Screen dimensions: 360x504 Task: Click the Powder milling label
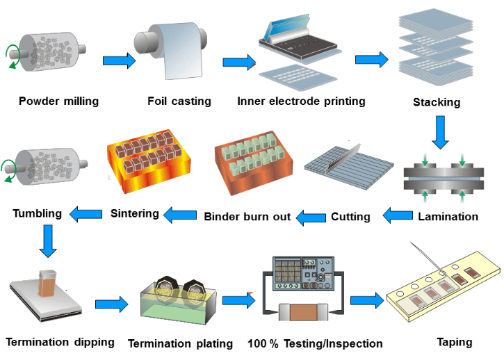(58, 101)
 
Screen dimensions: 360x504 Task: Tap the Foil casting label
(179, 101)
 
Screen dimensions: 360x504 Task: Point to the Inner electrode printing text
(301, 101)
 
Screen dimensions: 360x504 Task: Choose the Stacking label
(437, 103)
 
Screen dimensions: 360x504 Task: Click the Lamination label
(448, 217)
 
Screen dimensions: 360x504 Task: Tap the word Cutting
(350, 217)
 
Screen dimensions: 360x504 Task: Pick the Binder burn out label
(247, 217)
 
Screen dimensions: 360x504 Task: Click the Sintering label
(135, 213)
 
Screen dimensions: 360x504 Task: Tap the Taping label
(455, 342)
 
